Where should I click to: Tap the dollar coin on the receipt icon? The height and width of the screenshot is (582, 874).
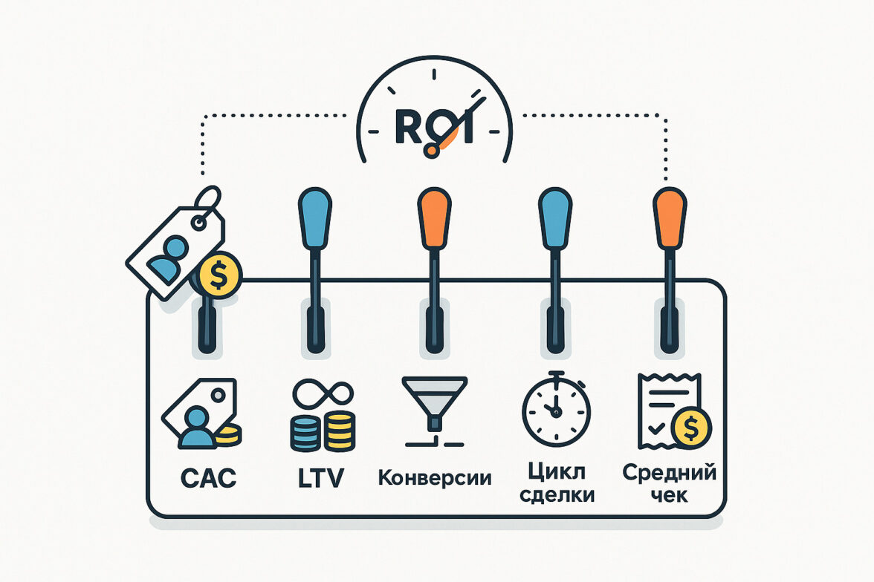pos(691,426)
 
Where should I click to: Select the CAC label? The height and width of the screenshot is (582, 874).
pos(208,477)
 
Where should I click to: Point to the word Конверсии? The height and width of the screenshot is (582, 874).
pos(435,477)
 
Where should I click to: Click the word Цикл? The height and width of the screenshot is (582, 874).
pos(558,470)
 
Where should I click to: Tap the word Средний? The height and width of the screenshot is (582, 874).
pos(669,471)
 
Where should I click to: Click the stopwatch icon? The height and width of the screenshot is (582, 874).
pos(555,408)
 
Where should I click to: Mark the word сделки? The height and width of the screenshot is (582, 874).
pos(558,494)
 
